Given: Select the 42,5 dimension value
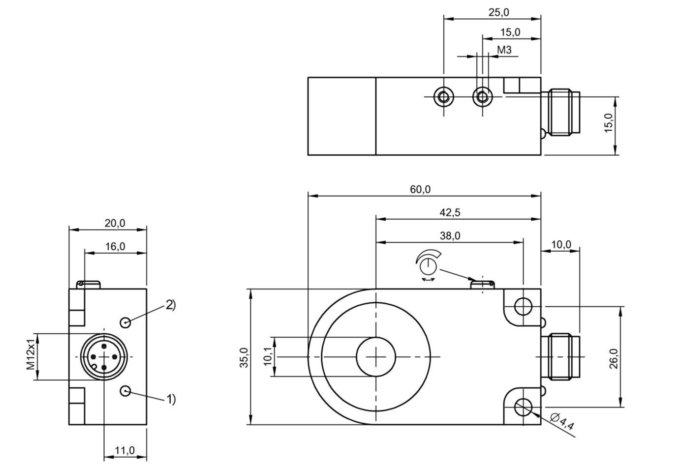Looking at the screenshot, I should [x=450, y=212].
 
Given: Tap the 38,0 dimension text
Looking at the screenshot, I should [x=450, y=236].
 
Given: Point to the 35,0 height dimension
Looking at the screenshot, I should [x=245, y=357].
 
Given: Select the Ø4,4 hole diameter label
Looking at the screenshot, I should [x=562, y=422].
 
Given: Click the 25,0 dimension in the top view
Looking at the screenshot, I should [x=498, y=13].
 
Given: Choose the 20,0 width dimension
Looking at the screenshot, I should [x=115, y=223].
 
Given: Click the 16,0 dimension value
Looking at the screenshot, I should [x=115, y=246].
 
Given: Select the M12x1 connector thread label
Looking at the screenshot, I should [x=31, y=357].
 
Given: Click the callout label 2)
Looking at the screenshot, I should [x=170, y=305].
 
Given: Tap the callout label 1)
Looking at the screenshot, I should [x=170, y=399].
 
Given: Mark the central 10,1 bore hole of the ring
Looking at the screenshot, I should [x=376, y=357].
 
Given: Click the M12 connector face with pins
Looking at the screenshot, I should [x=104, y=357].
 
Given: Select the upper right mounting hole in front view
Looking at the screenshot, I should [x=523, y=307].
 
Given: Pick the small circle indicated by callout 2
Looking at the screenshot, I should [x=126, y=322].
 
